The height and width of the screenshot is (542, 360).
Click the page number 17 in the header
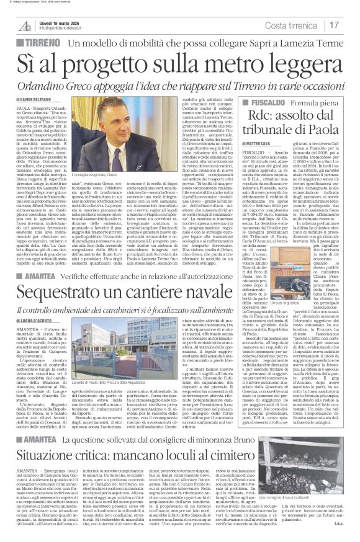(x=334, y=25)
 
